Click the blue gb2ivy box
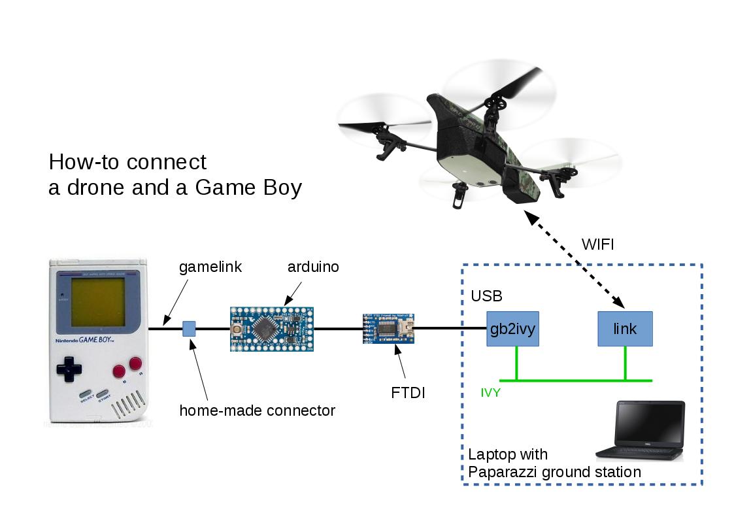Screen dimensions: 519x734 (512, 329)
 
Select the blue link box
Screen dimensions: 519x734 (625, 329)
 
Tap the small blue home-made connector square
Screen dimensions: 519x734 (189, 329)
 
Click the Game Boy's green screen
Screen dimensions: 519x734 (99, 303)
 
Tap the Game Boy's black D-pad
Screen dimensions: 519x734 (69, 369)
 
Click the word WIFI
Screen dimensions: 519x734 (597, 245)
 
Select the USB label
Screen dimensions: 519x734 (486, 296)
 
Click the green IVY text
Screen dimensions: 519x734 (491, 393)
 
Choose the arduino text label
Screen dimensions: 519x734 (313, 267)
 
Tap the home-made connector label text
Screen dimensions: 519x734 (257, 410)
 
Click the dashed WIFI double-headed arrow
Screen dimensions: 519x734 (576, 259)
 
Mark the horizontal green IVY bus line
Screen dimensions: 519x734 (575, 380)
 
